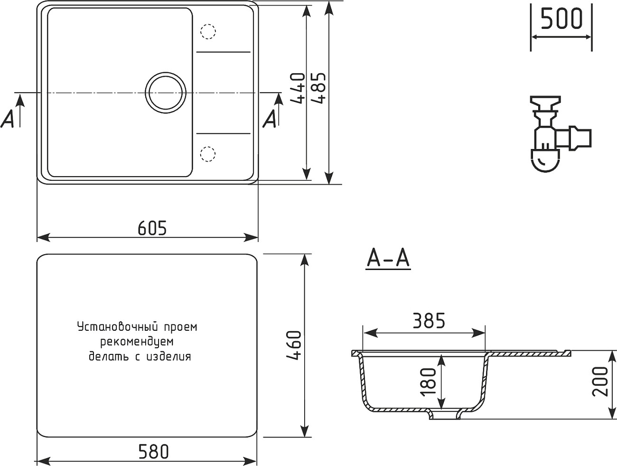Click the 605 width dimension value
(152, 228)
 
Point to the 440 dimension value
(298, 88)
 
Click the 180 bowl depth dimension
(429, 381)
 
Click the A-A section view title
(388, 259)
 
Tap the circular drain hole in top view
(165, 92)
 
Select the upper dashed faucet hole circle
(208, 31)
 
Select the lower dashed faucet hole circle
(208, 154)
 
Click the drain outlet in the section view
(445, 415)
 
